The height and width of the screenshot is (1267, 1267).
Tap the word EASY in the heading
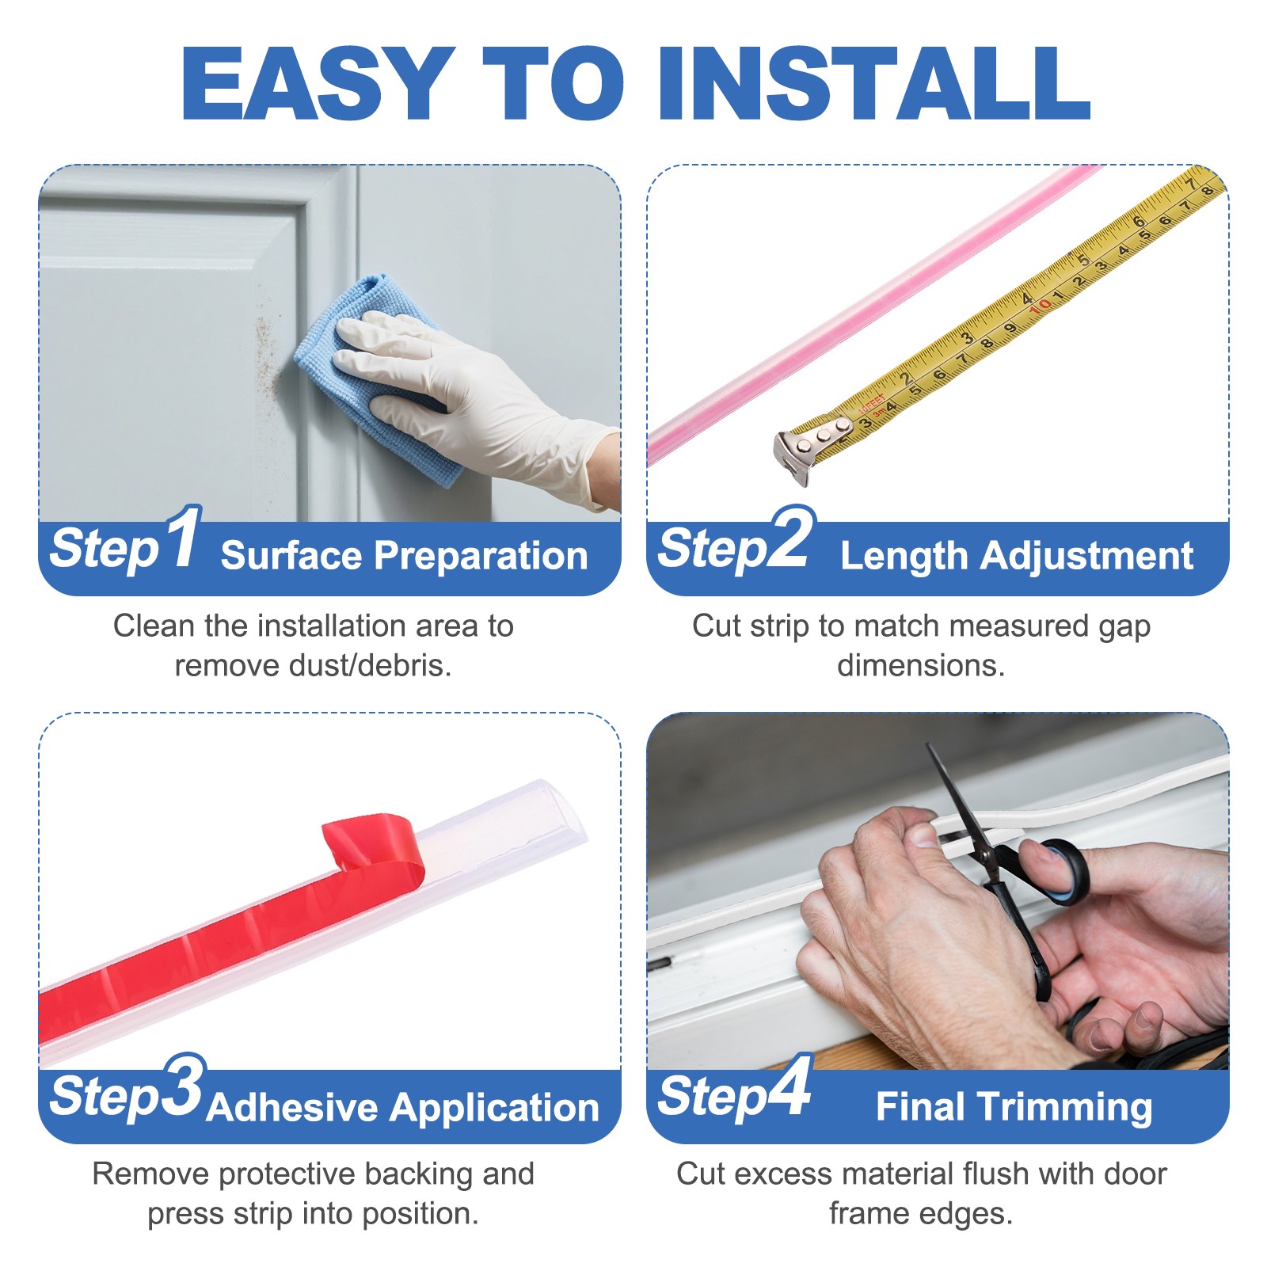[317, 83]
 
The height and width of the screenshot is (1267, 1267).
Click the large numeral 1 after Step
[184, 538]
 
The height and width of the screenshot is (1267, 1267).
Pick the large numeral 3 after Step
[185, 1086]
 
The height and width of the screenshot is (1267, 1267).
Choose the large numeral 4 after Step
[790, 1086]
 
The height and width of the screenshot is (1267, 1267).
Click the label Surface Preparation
[404, 555]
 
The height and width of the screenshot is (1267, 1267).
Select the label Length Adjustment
[1016, 555]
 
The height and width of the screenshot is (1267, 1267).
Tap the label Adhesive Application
[403, 1107]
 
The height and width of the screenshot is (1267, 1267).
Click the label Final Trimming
[1014, 1106]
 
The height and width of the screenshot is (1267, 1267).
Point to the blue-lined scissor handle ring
[1061, 871]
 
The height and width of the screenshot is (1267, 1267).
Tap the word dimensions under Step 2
[920, 666]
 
